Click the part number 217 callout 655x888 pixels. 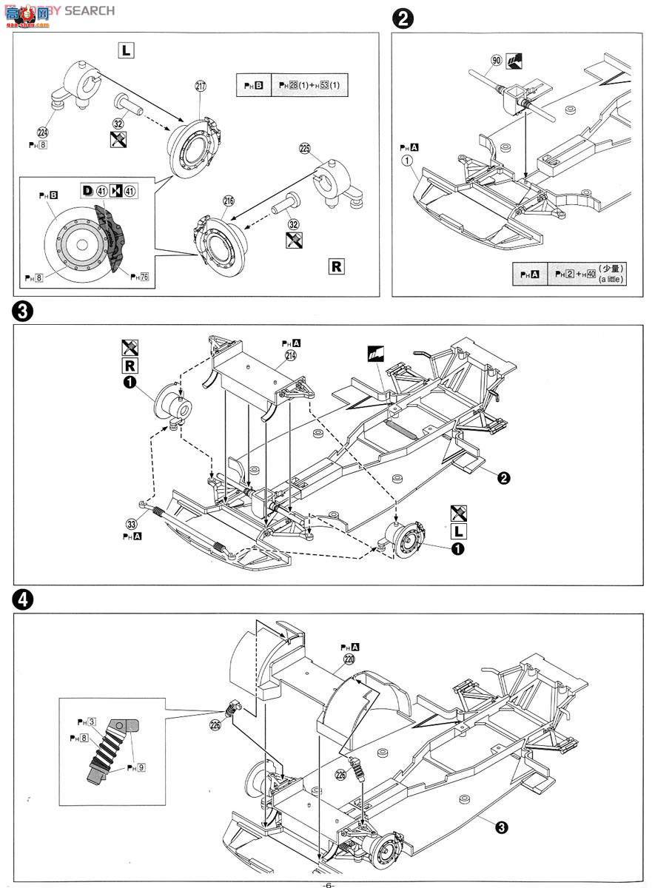coord(201,87)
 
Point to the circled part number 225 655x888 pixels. coord(304,148)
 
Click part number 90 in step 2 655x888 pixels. coord(496,61)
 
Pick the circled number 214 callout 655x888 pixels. coord(291,356)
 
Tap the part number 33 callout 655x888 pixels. coord(132,524)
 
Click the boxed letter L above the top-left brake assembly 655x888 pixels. coord(127,50)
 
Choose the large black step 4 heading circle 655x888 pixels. coord(23,601)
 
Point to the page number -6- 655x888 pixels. coord(329,884)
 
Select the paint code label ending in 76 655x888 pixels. coord(139,277)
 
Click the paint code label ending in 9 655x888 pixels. coord(135,767)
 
